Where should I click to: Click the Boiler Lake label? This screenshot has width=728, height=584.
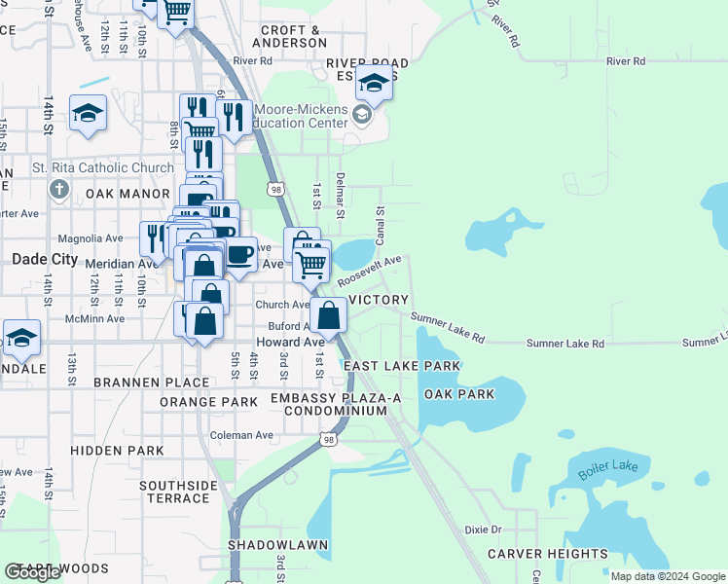[x=607, y=468]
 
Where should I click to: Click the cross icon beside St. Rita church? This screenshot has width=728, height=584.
[x=58, y=189]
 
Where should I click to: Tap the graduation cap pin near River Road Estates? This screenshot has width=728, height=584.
[x=374, y=84]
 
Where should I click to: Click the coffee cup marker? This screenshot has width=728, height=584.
[x=239, y=255]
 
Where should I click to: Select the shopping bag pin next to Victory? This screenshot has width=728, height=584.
[x=329, y=315]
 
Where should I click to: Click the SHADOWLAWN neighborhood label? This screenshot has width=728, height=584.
[x=272, y=545]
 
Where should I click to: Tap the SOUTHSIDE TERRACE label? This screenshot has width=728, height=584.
[x=178, y=492]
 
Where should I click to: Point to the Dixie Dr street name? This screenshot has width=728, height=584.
[x=483, y=529]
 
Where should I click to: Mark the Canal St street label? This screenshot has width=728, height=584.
[x=381, y=223]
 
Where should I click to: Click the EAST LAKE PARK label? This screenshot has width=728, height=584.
[x=401, y=366]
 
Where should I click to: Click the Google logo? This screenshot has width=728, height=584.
[x=33, y=572]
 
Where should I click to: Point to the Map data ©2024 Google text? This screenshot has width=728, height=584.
[x=667, y=575]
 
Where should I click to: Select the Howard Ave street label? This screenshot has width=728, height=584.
[x=289, y=343]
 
